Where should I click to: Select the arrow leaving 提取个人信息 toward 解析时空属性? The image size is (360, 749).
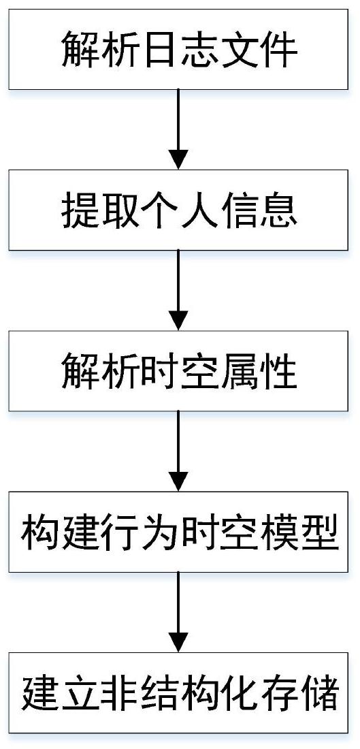(178, 291)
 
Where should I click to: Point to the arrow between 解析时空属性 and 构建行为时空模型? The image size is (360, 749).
(178, 452)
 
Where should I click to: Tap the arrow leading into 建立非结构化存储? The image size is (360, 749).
(178, 613)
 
